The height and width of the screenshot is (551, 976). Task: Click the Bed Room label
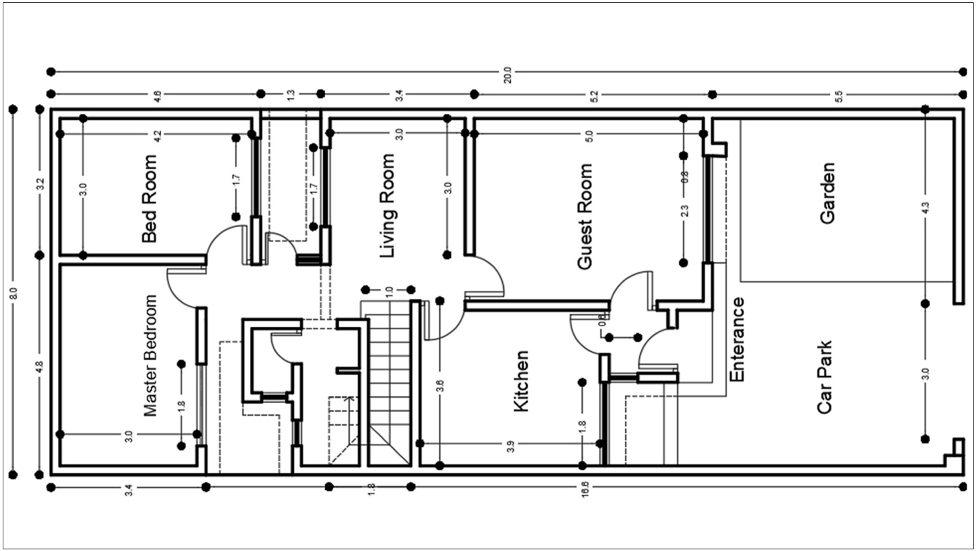click(149, 199)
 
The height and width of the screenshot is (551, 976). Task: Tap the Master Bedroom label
click(151, 355)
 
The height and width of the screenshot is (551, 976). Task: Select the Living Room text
click(388, 206)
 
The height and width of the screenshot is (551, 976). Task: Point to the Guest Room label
click(585, 216)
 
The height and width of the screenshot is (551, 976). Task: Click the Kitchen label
click(521, 381)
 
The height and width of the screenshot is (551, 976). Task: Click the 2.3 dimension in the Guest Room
click(685, 210)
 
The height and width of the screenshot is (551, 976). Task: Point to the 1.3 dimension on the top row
click(291, 95)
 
